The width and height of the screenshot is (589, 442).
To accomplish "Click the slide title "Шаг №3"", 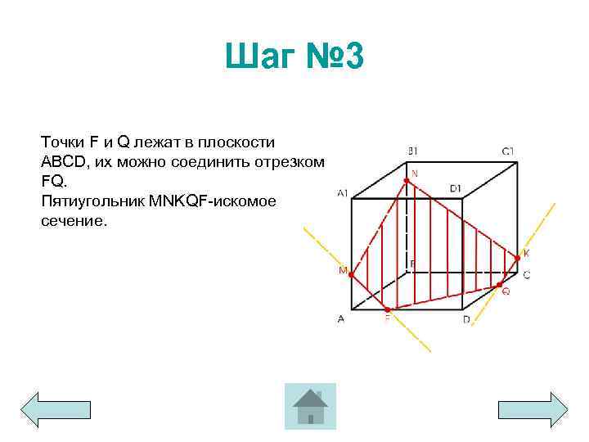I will coord(294,59).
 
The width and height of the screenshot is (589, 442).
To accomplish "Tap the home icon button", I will coord(310,406).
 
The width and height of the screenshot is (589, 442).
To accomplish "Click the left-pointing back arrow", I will coord(55,408).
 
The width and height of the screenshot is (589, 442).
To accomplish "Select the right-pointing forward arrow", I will coord(533,408).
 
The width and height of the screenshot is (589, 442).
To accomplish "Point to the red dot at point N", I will coord(406,181).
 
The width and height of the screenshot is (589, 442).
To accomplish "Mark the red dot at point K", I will coord(517,259).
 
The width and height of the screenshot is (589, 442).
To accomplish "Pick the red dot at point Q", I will coord(499,285).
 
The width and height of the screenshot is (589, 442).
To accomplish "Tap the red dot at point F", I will coord(387,309).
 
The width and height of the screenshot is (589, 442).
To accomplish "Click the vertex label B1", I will coord(413,151).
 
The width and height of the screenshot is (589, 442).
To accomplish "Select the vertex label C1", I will coord(508,151).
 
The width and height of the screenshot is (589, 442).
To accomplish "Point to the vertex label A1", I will coord(342,193).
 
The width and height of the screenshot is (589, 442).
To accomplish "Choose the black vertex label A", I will coord(340,320).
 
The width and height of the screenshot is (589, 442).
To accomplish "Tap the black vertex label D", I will coord(466,320).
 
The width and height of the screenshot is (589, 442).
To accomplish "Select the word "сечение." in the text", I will coord(73,221).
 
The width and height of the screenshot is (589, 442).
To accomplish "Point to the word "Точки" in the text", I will coord(61,142).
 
